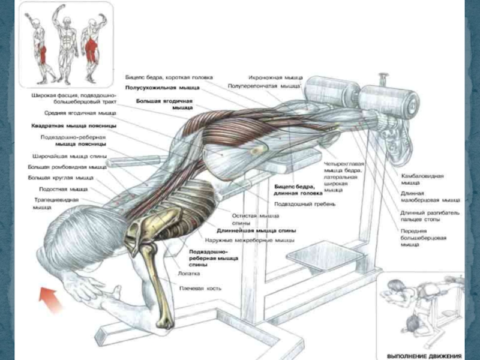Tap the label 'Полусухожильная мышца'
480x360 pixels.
pyautogui.click(x=158, y=87)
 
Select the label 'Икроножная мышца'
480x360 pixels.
pyautogui.click(x=276, y=77)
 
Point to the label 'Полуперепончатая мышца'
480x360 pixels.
pyautogui.click(x=263, y=86)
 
